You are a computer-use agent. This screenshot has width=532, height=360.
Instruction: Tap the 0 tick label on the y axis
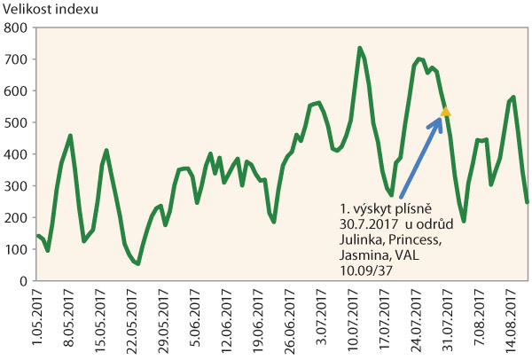[23, 280]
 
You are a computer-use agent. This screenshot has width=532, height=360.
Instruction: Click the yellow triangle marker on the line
[446, 111]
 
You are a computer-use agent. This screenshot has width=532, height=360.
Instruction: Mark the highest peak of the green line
[360, 49]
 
